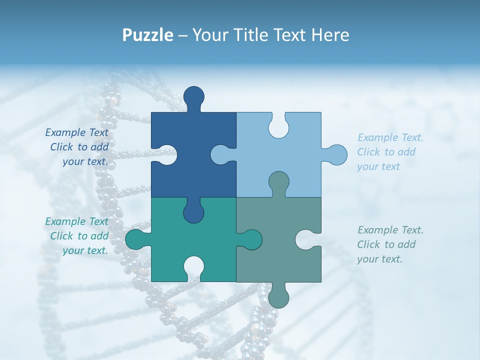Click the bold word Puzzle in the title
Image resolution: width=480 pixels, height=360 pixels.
tap(148, 35)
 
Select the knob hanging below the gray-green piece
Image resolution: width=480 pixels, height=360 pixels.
tap(278, 295)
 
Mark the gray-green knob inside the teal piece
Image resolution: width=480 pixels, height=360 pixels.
tap(250, 239)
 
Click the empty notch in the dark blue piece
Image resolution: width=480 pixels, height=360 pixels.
tap(166, 154)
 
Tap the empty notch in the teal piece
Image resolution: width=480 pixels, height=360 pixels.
tap(193, 267)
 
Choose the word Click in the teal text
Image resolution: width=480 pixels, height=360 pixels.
tap(61, 236)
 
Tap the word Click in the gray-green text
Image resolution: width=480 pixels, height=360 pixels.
tap(368, 244)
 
